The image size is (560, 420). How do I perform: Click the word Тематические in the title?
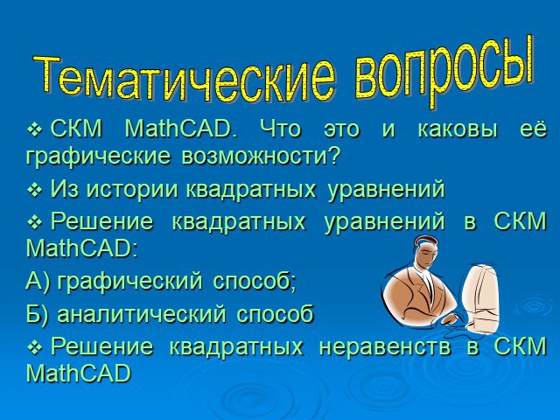tap(185, 78)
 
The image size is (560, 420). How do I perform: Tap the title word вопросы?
tap(444, 72)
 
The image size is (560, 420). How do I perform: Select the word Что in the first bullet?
tap(280, 129)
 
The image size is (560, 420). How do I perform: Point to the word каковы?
tap(458, 129)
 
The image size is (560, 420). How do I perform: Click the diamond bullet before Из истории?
tap(35, 190)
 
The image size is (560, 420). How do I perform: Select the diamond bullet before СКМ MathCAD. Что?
tap(35, 129)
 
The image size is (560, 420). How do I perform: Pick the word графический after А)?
tap(129, 282)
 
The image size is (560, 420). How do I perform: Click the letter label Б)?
tap(37, 314)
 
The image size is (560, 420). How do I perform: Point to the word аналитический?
tap(142, 314)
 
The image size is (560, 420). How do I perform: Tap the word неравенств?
tap(385, 346)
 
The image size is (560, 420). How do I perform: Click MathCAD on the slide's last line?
tap(79, 374)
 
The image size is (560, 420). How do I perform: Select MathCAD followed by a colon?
tap(81, 248)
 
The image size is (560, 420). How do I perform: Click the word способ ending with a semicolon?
tap(255, 282)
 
